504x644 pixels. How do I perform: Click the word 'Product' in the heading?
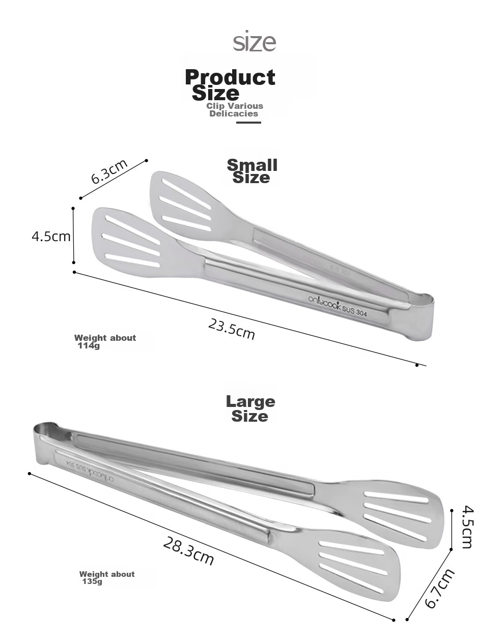(230, 77)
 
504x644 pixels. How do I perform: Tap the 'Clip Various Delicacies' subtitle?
(234, 110)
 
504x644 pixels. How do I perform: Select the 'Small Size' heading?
(252, 171)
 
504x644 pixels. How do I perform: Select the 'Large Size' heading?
(250, 408)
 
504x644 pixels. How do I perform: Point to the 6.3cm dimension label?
(109, 171)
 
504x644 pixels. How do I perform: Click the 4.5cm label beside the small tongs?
(51, 237)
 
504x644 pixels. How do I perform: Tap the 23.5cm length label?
(232, 329)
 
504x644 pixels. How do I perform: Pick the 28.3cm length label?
(188, 550)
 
